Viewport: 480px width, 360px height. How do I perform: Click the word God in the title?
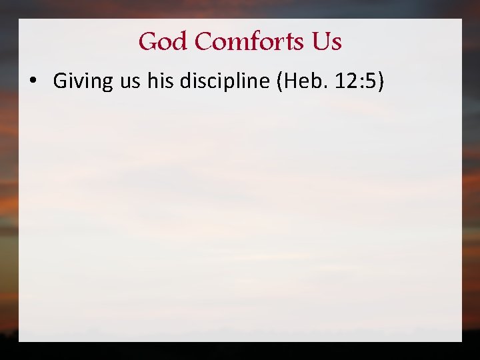[x=163, y=42]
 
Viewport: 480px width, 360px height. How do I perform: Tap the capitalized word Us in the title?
[x=326, y=42]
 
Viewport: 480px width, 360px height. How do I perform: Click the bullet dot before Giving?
[x=32, y=82]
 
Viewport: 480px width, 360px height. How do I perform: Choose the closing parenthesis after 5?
[x=379, y=81]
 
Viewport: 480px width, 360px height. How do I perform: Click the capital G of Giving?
[x=59, y=81]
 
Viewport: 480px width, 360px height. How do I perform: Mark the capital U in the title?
[x=319, y=42]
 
